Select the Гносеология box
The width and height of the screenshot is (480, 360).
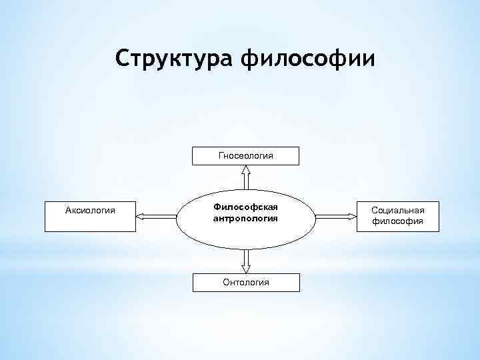tap(246, 155)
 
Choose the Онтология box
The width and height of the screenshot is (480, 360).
tap(246, 282)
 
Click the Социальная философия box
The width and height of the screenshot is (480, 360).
tap(397, 215)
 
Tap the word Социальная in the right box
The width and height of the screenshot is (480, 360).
tap(397, 210)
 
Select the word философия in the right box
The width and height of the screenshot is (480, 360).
tap(397, 221)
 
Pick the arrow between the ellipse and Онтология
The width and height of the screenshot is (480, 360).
tap(246, 261)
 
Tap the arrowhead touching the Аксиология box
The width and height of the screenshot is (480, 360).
tap(140, 215)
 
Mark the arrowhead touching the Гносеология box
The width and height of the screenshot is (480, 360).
tap(246, 169)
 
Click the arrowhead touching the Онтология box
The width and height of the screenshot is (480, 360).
tap(246, 269)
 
